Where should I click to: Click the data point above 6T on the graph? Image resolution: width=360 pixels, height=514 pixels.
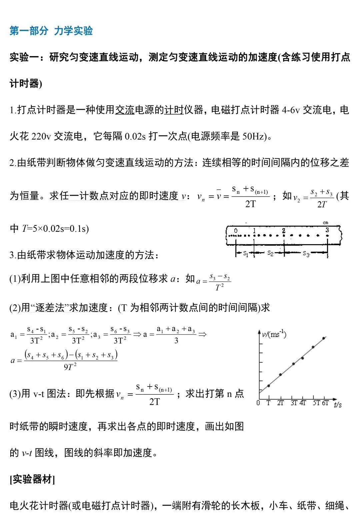[323, 339]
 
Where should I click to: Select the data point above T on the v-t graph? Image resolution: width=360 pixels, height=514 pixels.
[269, 386]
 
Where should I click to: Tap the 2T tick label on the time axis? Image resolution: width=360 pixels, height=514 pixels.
[280, 403]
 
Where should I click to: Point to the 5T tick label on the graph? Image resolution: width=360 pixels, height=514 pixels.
[316, 403]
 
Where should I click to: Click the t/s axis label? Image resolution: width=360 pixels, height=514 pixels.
[338, 404]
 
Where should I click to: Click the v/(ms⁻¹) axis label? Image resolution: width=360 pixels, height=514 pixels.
[274, 334]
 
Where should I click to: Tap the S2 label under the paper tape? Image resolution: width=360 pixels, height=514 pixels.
[270, 253]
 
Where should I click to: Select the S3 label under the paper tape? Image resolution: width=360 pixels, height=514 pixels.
[306, 254]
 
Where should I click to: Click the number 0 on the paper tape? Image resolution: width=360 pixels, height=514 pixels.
[236, 230]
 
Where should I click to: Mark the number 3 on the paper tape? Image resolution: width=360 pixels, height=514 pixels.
[327, 230]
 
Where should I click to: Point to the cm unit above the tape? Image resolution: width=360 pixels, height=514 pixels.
[325, 222]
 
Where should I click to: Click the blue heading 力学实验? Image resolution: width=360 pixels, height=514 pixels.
[73, 31]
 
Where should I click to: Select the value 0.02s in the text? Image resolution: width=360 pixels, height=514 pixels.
[135, 136]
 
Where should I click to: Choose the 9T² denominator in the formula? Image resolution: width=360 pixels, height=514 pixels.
[70, 367]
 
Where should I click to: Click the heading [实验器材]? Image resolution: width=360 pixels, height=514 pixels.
[32, 479]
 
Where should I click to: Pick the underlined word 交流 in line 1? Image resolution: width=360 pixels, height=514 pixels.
[125, 110]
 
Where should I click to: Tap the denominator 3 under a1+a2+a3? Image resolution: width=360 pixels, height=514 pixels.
[176, 341]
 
